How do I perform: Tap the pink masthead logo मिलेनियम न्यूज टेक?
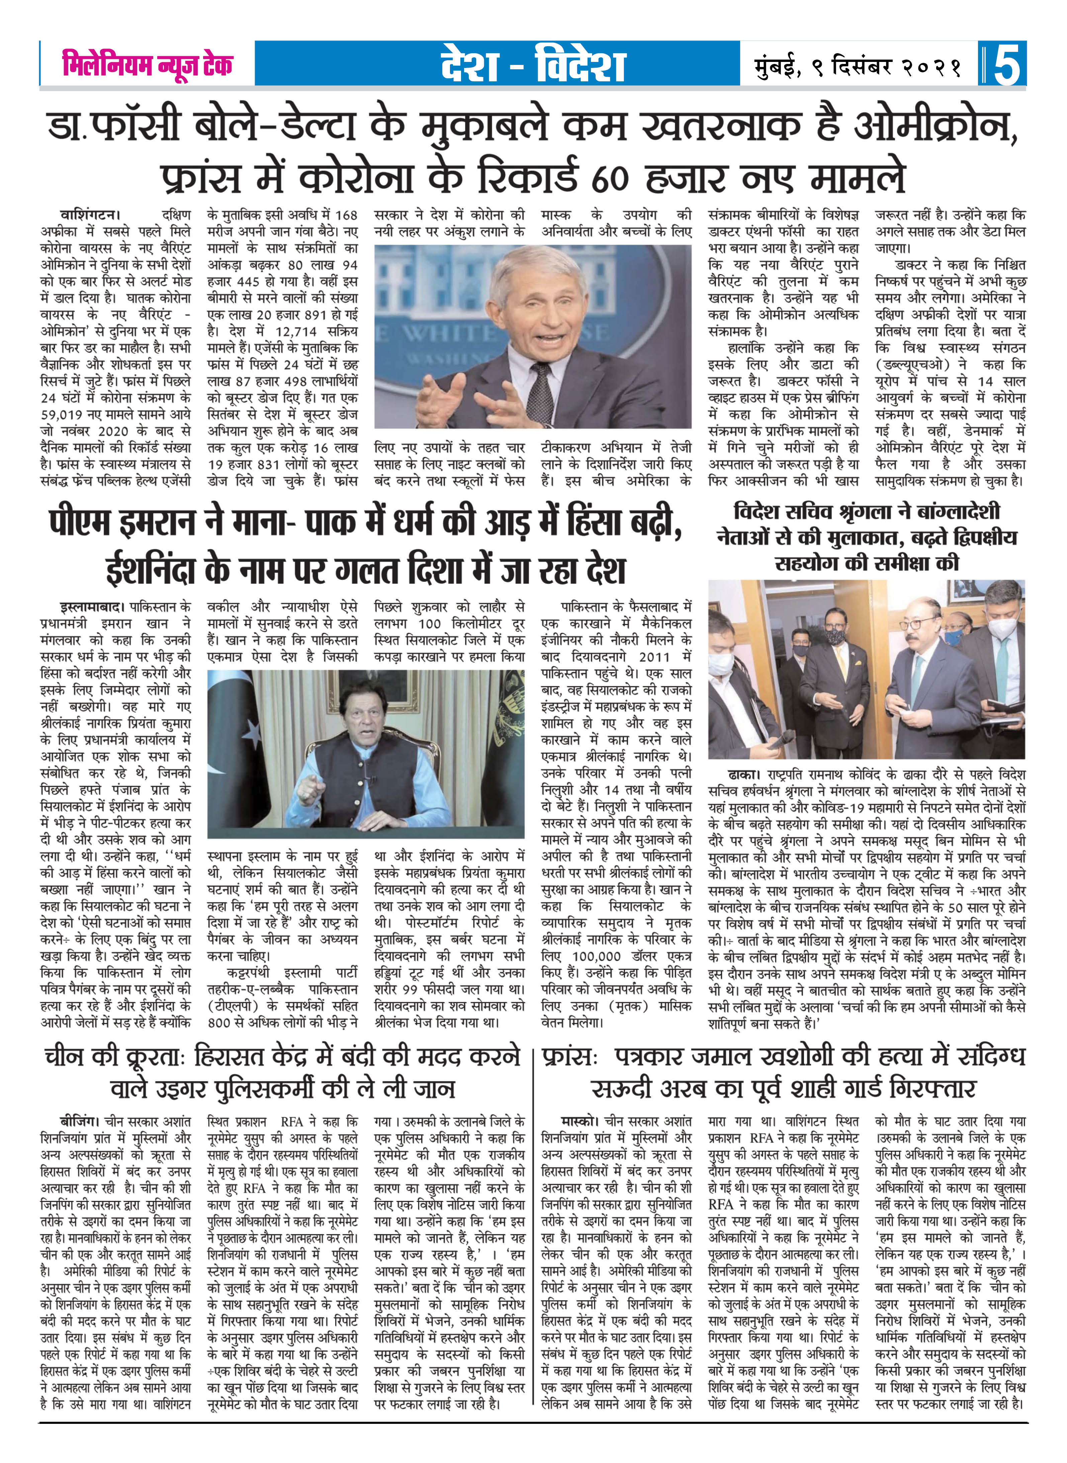[147, 65]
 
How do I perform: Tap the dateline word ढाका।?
[744, 774]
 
